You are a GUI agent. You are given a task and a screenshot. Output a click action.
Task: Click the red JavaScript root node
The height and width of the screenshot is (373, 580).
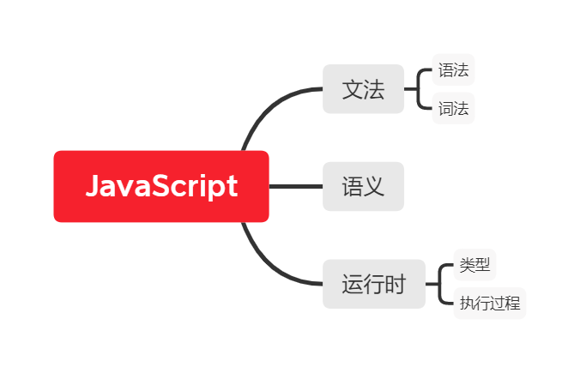click(161, 186)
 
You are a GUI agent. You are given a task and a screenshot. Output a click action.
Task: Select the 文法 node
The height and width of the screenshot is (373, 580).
click(363, 89)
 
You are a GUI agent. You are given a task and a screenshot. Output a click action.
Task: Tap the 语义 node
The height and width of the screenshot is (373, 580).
click(363, 186)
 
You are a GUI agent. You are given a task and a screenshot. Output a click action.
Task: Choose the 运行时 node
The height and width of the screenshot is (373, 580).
click(374, 284)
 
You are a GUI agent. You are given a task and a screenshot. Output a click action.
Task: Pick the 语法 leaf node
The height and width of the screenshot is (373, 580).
click(453, 70)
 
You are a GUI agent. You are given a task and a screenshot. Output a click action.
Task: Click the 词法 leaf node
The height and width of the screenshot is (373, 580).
click(453, 109)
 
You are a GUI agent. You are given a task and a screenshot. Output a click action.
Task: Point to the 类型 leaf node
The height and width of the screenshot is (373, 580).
click(474, 265)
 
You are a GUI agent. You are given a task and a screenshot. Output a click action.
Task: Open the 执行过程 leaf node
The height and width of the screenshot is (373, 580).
click(489, 304)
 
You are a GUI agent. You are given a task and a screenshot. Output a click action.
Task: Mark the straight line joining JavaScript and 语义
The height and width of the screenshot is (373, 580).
click(295, 186)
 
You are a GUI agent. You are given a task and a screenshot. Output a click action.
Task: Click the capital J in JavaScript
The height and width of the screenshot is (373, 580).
click(94, 187)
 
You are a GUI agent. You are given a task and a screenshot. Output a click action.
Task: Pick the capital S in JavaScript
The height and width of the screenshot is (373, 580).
click(166, 187)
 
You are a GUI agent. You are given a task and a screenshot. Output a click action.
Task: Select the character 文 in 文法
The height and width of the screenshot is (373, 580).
click(352, 89)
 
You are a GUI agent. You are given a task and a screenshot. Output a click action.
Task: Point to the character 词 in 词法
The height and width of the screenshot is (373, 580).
click(446, 109)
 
